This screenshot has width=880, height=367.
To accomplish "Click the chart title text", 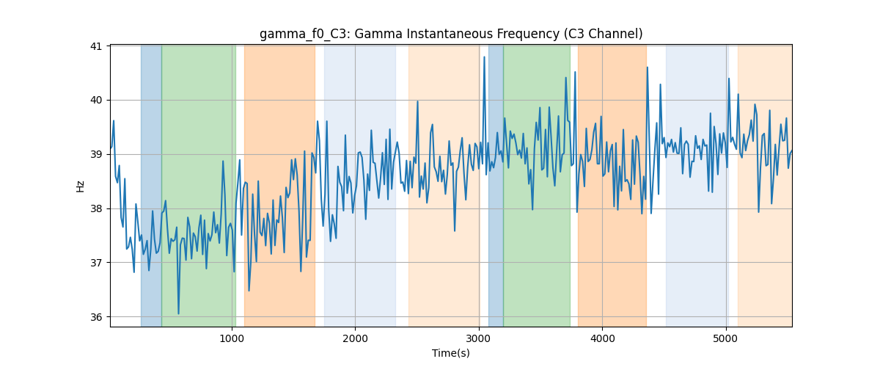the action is (451, 34).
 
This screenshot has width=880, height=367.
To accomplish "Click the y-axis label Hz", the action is (80, 186).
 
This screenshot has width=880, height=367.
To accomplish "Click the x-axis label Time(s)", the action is (451, 353).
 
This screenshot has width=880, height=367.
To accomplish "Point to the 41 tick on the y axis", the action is (96, 46).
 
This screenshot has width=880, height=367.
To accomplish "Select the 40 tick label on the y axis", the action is (96, 101).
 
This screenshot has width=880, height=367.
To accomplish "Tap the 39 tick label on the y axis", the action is (96, 154).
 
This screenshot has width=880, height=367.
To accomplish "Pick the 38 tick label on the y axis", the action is (96, 208).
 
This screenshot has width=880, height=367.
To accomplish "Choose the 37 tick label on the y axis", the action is (96, 263).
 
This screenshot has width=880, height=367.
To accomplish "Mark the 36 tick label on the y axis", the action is (96, 317).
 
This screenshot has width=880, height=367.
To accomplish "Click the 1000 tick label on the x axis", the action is (232, 338).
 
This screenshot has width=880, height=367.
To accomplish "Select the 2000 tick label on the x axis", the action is (355, 338).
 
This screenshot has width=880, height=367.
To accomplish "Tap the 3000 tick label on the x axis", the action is (479, 338).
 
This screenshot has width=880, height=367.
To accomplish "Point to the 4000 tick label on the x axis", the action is (602, 338).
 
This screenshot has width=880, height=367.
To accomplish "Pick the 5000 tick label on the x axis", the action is (725, 338).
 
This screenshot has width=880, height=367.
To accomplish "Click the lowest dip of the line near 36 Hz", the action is (178, 313).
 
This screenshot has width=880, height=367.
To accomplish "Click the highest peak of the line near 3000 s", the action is (485, 57).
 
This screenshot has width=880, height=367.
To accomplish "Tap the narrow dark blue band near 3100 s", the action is (496, 186).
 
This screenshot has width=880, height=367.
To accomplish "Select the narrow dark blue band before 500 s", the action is (151, 186).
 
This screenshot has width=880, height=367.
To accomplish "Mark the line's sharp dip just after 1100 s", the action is (249, 290).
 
